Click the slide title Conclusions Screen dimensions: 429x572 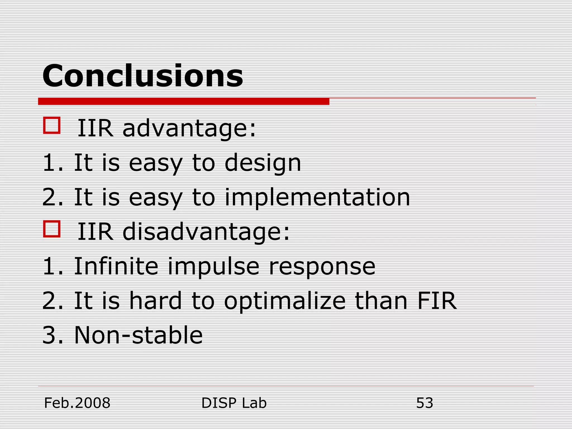click(x=142, y=76)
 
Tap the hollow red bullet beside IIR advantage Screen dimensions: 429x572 click(x=52, y=125)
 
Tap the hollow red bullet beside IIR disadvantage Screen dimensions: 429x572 click(x=52, y=229)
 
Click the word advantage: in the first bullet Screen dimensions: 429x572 click(x=189, y=128)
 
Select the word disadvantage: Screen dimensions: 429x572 click(x=206, y=232)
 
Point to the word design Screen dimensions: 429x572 click(x=263, y=163)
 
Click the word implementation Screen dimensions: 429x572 click(x=317, y=197)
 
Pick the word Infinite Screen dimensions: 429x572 click(x=116, y=266)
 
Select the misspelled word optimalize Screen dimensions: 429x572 click(x=285, y=302)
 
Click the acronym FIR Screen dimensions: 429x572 click(x=437, y=301)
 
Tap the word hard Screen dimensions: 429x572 click(x=155, y=301)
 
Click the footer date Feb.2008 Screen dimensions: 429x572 click(x=77, y=403)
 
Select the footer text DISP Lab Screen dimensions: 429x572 click(x=234, y=403)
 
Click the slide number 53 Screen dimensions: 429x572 click(x=424, y=403)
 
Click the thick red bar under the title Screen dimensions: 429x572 click(x=183, y=101)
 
